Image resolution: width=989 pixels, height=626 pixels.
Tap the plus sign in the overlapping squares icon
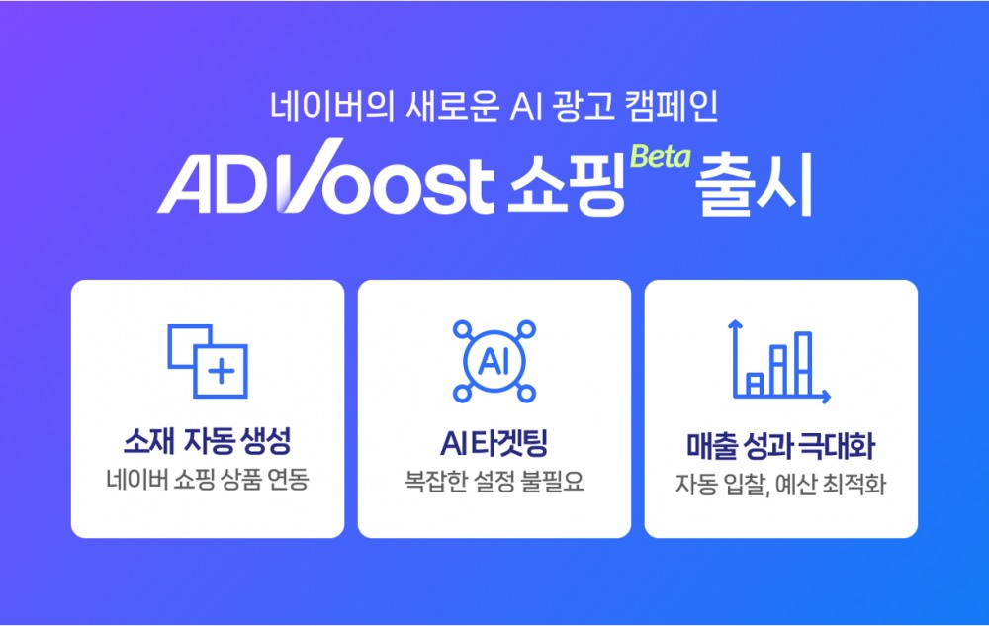click(x=223, y=373)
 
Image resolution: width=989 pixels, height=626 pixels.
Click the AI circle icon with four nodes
click(x=494, y=361)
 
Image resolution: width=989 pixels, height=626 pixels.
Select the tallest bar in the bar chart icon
click(x=803, y=363)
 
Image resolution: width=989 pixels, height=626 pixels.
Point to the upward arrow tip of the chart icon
click(x=734, y=323)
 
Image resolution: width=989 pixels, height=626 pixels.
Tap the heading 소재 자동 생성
click(x=208, y=441)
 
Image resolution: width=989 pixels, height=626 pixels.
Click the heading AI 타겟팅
click(x=494, y=441)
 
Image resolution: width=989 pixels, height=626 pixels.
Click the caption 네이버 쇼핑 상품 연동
click(x=208, y=483)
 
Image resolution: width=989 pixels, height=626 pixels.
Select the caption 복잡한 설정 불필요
click(x=494, y=483)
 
